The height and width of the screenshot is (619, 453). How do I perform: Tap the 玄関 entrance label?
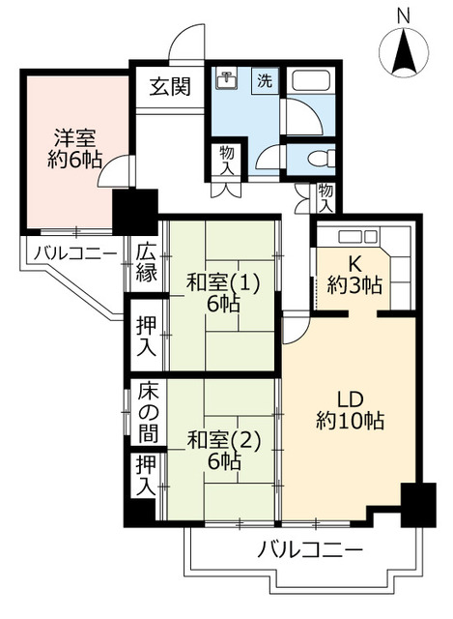point(169,86)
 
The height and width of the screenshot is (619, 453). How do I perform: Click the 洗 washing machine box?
point(264,81)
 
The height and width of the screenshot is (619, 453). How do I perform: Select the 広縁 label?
point(147,260)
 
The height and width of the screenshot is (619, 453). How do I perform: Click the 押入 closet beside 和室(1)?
point(147,335)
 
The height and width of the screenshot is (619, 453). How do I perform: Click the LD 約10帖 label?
point(350,408)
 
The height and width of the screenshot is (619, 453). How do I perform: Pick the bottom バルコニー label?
point(309,551)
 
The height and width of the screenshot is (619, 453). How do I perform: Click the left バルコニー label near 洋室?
point(73,253)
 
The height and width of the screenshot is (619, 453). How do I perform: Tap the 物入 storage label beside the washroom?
point(228,161)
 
